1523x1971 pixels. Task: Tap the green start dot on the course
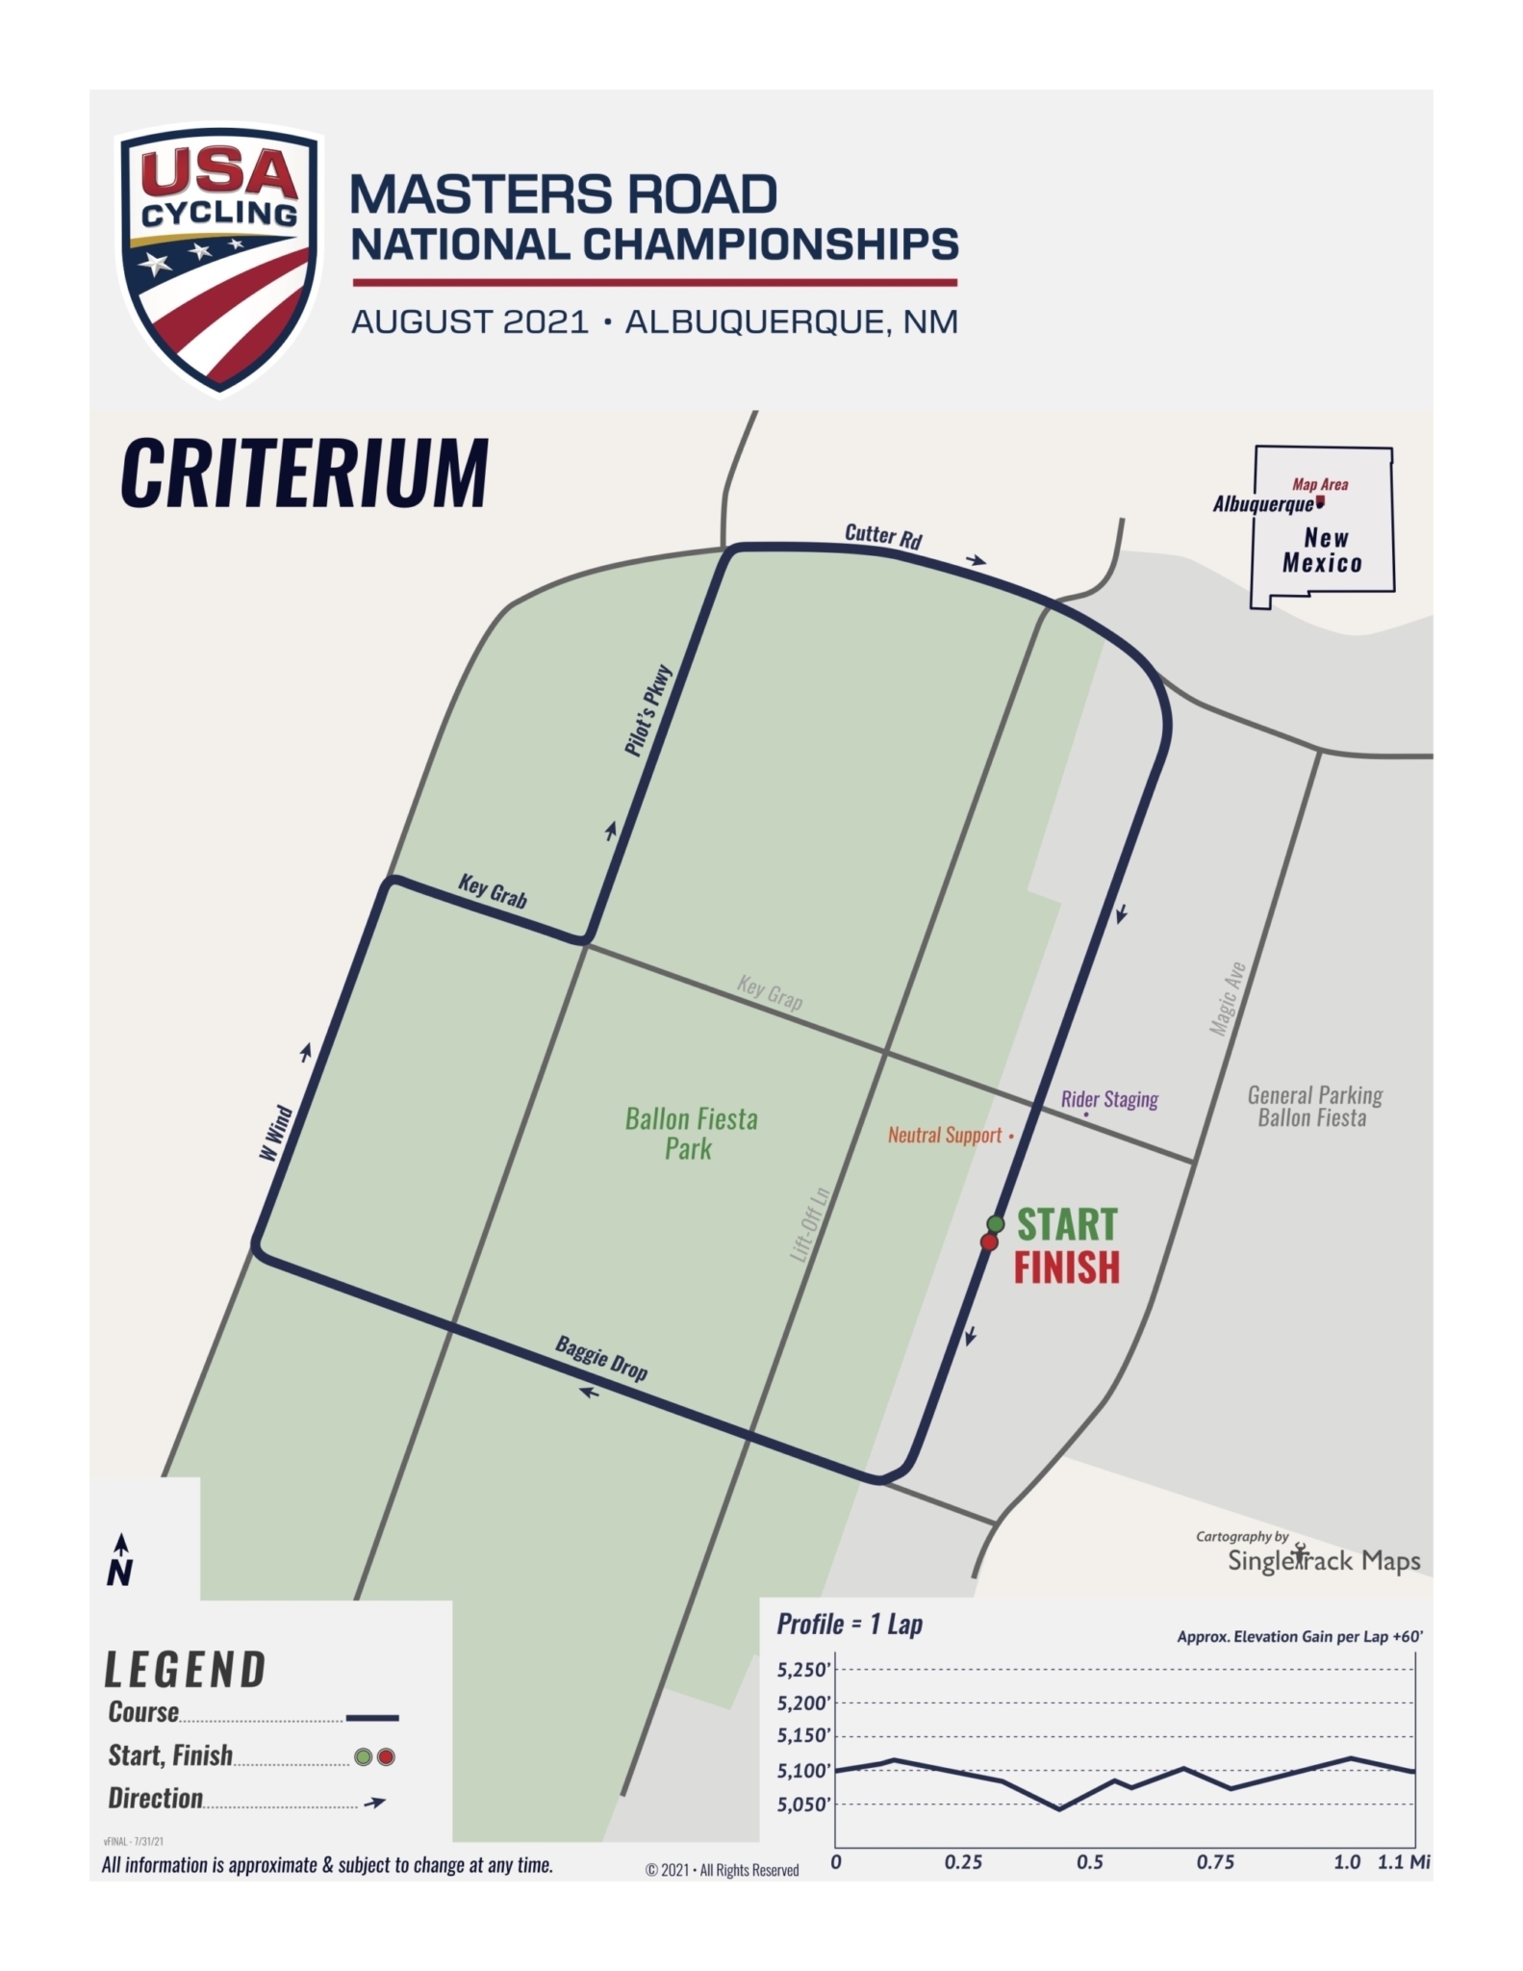(996, 1224)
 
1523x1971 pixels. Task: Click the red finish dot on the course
(989, 1242)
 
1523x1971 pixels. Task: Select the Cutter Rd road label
(882, 536)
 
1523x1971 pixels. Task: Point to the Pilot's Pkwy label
(647, 711)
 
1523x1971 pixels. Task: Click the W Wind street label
(276, 1133)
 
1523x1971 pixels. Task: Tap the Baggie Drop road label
(601, 1358)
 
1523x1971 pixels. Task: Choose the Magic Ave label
(1228, 999)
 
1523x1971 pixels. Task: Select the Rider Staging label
(1109, 1099)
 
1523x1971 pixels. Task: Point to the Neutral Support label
(945, 1136)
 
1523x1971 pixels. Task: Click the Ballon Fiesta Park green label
(691, 1134)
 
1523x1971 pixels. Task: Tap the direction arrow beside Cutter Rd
(977, 560)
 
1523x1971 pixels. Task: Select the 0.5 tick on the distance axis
(1089, 1862)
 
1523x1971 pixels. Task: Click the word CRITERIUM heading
(305, 473)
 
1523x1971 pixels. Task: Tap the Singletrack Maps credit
(1323, 1560)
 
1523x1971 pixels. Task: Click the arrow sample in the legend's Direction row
(374, 1803)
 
